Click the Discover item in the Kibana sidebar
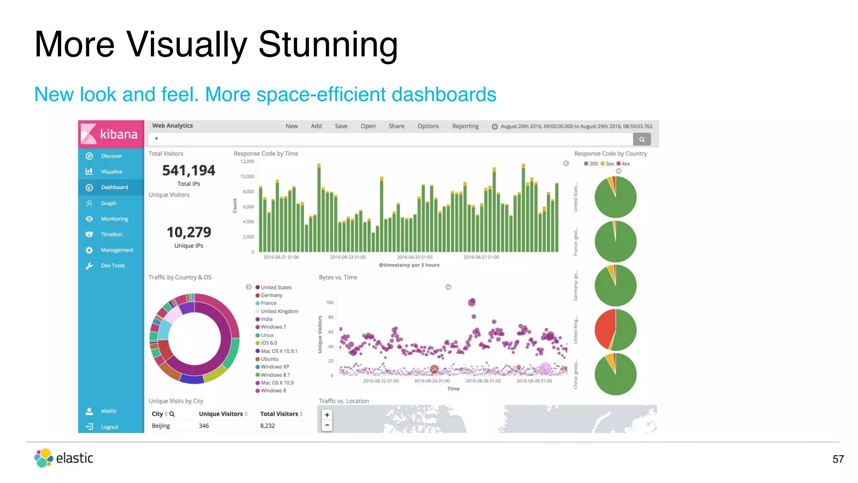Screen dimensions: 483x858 (x=111, y=156)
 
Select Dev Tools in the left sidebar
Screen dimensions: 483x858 (x=113, y=265)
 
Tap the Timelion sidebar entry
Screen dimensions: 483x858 (x=111, y=234)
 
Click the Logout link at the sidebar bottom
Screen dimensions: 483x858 (x=109, y=427)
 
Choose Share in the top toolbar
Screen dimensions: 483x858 (x=396, y=126)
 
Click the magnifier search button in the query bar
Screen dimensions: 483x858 (x=641, y=139)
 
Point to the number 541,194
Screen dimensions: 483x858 (x=189, y=171)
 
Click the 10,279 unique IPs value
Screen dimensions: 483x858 (x=189, y=232)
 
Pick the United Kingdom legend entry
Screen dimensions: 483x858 (x=279, y=311)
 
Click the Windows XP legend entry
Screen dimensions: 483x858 (x=274, y=367)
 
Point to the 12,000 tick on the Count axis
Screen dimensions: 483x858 (x=247, y=161)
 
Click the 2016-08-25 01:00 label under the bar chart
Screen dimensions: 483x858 (x=414, y=257)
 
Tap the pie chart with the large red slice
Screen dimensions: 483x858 (x=615, y=330)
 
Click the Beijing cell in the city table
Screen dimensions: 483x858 (x=161, y=426)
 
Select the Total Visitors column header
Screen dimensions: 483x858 (x=279, y=414)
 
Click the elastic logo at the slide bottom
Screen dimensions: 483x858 (x=64, y=458)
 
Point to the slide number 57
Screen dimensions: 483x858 (x=838, y=459)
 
